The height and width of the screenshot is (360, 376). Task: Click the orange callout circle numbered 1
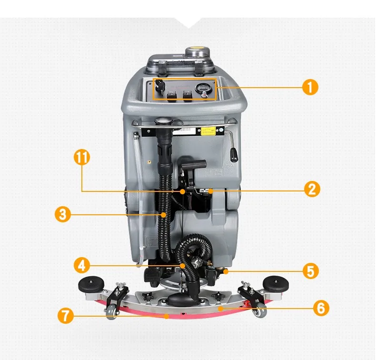(x=310, y=87)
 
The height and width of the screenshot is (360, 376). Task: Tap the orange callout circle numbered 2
(x=312, y=189)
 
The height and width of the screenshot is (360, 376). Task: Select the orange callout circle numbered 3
(x=62, y=214)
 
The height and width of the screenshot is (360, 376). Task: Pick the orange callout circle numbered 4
(x=82, y=265)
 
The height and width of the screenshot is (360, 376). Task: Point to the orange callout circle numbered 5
(x=310, y=271)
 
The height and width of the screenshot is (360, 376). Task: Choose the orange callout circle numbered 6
(x=321, y=308)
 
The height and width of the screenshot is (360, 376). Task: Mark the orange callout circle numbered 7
(x=66, y=316)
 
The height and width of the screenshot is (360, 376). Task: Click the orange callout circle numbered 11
(x=82, y=157)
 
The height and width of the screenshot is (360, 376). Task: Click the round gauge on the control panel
(x=202, y=89)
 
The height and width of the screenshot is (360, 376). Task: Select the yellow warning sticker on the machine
(x=208, y=131)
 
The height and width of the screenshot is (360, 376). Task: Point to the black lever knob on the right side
(x=234, y=155)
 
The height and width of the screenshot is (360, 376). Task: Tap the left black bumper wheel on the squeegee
(x=91, y=284)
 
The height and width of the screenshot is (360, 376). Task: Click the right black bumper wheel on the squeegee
(x=276, y=284)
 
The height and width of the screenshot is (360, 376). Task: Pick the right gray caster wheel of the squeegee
(x=260, y=311)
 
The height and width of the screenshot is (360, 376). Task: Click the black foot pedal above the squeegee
(x=151, y=275)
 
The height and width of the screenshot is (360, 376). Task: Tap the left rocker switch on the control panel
(x=172, y=95)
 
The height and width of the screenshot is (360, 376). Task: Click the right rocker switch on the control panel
(x=188, y=95)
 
